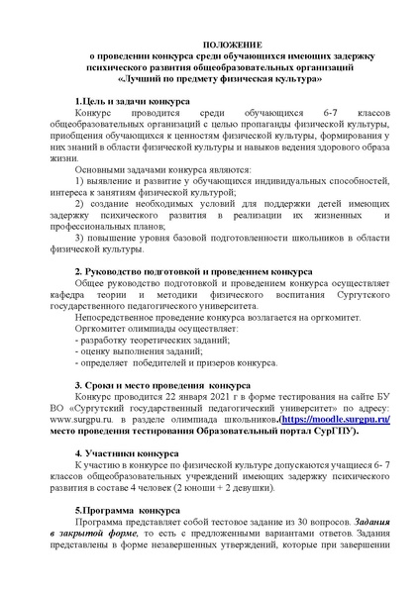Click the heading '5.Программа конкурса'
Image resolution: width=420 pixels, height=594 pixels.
(126, 511)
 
